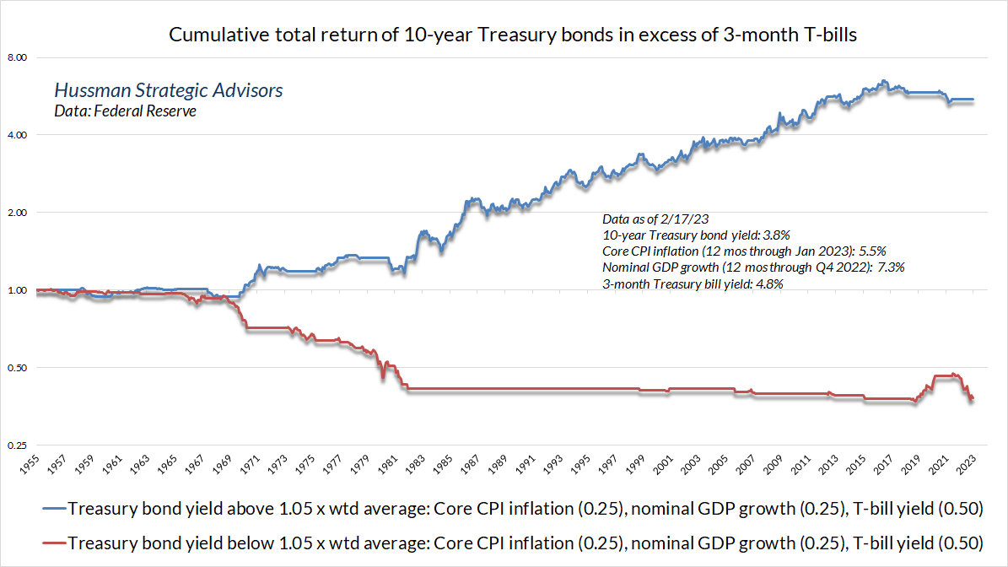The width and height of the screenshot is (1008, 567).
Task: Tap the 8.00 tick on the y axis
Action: pyautogui.click(x=18, y=57)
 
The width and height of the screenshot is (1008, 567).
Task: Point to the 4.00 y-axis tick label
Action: pyautogui.click(x=18, y=135)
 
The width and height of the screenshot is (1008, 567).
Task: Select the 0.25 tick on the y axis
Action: pyautogui.click(x=18, y=445)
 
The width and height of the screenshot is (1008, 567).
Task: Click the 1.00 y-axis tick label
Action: pyautogui.click(x=18, y=290)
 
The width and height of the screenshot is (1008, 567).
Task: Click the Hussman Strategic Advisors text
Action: pyautogui.click(x=168, y=90)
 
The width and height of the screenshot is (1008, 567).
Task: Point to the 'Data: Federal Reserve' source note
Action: pyautogui.click(x=125, y=111)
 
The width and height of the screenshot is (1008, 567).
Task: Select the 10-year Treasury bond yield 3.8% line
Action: pyautogui.click(x=696, y=235)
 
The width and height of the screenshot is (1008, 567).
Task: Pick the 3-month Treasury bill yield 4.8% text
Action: pyautogui.click(x=693, y=283)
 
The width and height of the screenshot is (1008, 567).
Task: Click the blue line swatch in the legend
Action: pyautogui.click(x=43, y=510)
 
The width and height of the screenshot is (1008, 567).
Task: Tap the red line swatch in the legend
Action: pyautogui.click(x=43, y=543)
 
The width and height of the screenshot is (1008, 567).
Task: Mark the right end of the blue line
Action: pyautogui.click(x=973, y=100)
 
